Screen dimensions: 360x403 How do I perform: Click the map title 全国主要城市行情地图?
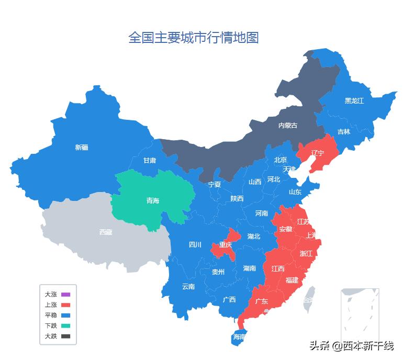click(x=194, y=38)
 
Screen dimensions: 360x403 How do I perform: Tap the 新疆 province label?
click(x=82, y=148)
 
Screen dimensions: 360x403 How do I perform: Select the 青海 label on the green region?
click(x=152, y=200)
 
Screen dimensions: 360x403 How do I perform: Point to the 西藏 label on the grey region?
click(x=105, y=232)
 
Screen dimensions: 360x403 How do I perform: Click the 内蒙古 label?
click(x=287, y=126)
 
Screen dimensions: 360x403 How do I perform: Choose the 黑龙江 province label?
click(x=354, y=100)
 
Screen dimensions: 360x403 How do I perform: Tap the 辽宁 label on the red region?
click(x=318, y=153)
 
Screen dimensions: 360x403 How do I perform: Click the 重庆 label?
click(x=226, y=245)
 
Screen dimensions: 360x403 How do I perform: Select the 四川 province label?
click(x=195, y=244)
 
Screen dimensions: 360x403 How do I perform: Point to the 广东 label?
click(x=261, y=301)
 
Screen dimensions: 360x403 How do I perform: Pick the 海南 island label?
click(x=239, y=337)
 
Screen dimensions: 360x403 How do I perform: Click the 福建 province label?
click(x=292, y=280)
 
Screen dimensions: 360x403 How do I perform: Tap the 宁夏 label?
click(x=215, y=184)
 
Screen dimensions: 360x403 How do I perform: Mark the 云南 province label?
click(x=188, y=286)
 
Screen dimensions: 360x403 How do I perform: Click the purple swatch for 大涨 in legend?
click(x=65, y=295)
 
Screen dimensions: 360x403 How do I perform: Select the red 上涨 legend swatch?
click(x=65, y=305)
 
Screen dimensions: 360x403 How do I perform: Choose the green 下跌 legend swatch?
click(x=65, y=325)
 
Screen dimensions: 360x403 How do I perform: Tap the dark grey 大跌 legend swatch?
click(x=65, y=336)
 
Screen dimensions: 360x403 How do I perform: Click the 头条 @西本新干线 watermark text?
click(x=351, y=346)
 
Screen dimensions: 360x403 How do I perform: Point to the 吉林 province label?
click(x=343, y=132)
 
